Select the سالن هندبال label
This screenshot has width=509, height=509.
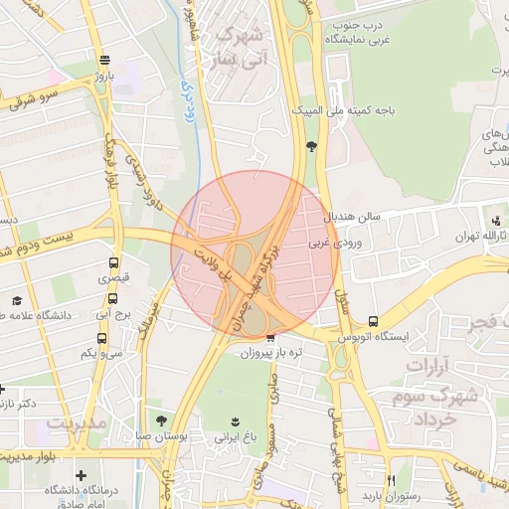pos(361,216)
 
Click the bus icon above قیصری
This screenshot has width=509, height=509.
pos(113,264)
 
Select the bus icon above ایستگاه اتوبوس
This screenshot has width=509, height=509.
pos(373,321)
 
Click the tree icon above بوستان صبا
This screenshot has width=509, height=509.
pos(162,421)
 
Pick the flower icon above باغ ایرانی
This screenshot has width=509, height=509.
pos(236,421)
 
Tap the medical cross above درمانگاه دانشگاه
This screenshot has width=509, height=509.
pos(81,476)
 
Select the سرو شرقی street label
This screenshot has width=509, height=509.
pos(38,98)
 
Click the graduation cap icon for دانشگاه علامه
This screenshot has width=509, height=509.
pos(16,300)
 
